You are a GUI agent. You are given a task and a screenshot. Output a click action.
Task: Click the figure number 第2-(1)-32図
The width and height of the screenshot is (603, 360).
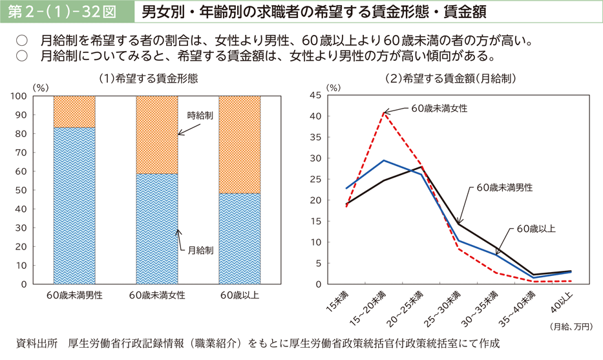[x=63, y=12]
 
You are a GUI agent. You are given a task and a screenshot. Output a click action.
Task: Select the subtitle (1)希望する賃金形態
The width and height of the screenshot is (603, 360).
[x=148, y=78]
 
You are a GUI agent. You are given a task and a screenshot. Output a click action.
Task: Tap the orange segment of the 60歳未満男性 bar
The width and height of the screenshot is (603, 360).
[x=74, y=111]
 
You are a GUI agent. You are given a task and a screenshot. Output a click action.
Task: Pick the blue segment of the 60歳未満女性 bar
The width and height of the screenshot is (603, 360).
[x=157, y=226]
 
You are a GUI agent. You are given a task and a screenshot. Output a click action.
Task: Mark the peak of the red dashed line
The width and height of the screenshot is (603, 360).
[x=384, y=113]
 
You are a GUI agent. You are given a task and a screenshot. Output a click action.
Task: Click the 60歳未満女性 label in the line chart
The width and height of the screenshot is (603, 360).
[x=439, y=107]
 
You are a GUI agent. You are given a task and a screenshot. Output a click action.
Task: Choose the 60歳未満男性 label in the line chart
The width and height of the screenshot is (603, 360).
[x=505, y=187]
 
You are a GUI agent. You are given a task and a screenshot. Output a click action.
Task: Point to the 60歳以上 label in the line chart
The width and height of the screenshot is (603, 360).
[x=536, y=228]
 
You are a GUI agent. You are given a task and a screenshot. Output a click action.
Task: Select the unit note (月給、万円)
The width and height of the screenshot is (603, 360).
[x=570, y=326]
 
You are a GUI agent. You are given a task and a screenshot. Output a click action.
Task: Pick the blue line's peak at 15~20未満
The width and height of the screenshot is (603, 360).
[x=384, y=160]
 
